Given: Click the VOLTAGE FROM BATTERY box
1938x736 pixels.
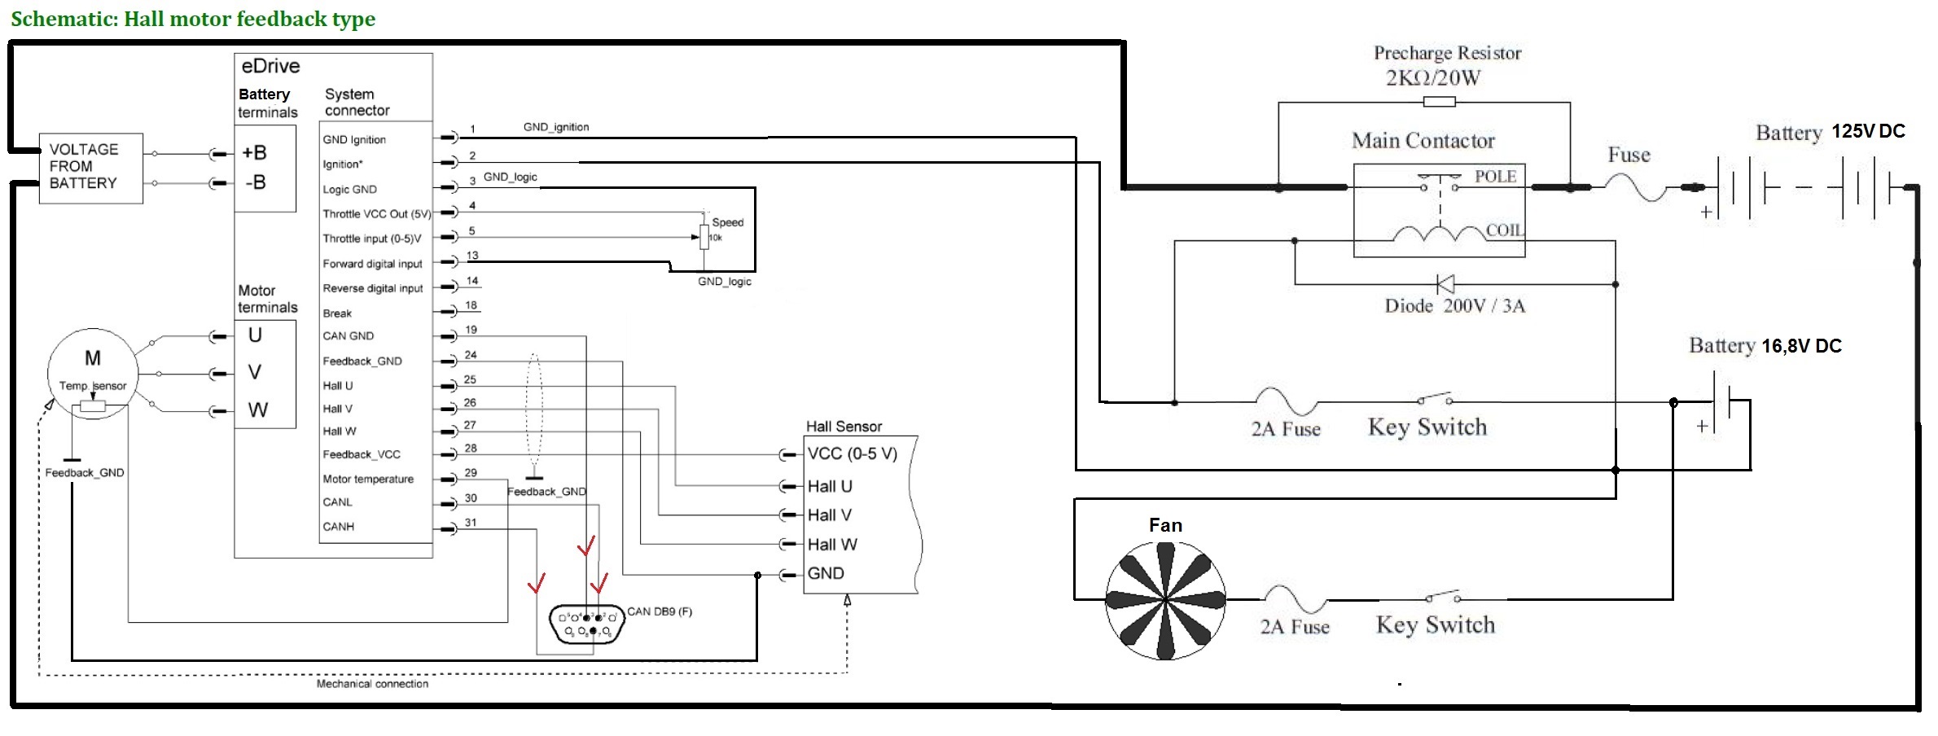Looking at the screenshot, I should tap(90, 168).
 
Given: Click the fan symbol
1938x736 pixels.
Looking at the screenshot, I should tap(1165, 601).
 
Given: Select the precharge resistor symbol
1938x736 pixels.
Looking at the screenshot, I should tap(1439, 102).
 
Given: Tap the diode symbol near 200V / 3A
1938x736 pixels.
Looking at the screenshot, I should tap(1445, 284).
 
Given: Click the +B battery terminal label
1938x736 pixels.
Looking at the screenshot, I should tap(255, 153).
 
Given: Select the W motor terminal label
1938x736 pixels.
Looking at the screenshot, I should tap(257, 410).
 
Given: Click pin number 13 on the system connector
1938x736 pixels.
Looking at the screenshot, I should tap(472, 256).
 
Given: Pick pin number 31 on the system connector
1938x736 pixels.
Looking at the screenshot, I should tap(471, 523).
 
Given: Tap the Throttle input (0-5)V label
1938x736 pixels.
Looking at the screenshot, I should tap(372, 239).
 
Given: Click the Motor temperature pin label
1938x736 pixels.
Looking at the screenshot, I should tap(368, 480).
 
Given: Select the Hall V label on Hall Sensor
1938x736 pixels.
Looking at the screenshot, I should tap(829, 515).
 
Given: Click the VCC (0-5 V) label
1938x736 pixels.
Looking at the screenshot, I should tap(852, 454).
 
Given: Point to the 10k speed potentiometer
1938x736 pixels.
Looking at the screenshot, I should tap(704, 237).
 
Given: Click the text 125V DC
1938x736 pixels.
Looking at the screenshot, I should tap(1868, 132).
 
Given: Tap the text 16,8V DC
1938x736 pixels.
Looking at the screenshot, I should tap(1801, 346).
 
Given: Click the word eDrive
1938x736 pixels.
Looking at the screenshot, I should tap(270, 67).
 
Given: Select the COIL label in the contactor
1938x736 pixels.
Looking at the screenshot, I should tap(1503, 230).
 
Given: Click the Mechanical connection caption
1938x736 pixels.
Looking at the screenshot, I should tap(372, 684).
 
